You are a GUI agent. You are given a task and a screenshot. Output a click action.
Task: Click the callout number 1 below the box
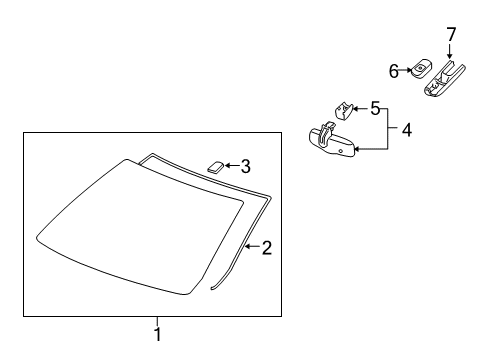click(157, 334)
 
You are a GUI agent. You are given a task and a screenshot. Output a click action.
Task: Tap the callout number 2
click(266, 247)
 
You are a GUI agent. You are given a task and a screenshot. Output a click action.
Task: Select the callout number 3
click(244, 166)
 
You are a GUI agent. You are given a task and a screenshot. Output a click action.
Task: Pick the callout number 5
click(375, 108)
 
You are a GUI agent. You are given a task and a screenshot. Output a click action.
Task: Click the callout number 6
click(395, 70)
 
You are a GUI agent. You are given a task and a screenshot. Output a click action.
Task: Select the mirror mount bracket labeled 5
click(343, 108)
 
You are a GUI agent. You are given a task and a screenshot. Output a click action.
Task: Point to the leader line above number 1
click(157, 320)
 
